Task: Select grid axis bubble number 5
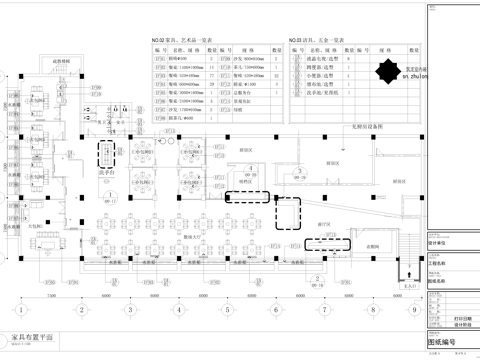228,308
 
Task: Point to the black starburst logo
386,71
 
